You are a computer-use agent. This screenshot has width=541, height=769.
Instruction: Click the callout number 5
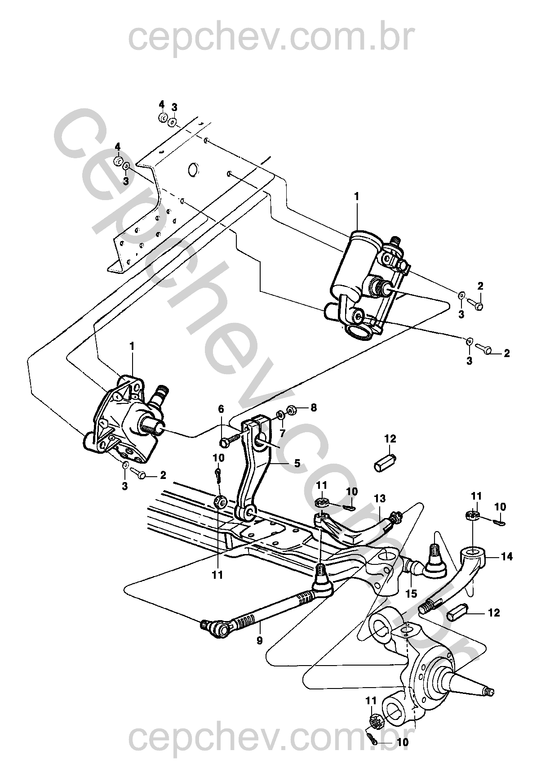[297, 463]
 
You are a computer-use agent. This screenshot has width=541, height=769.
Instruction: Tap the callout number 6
[221, 409]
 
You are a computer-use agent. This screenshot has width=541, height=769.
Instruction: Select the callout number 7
[282, 433]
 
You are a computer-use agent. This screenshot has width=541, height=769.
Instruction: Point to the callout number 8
[313, 407]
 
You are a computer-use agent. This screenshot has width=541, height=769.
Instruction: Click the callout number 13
[380, 498]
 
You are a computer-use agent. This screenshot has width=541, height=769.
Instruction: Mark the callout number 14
[507, 556]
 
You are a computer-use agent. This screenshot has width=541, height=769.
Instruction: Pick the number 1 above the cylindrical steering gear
[357, 197]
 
